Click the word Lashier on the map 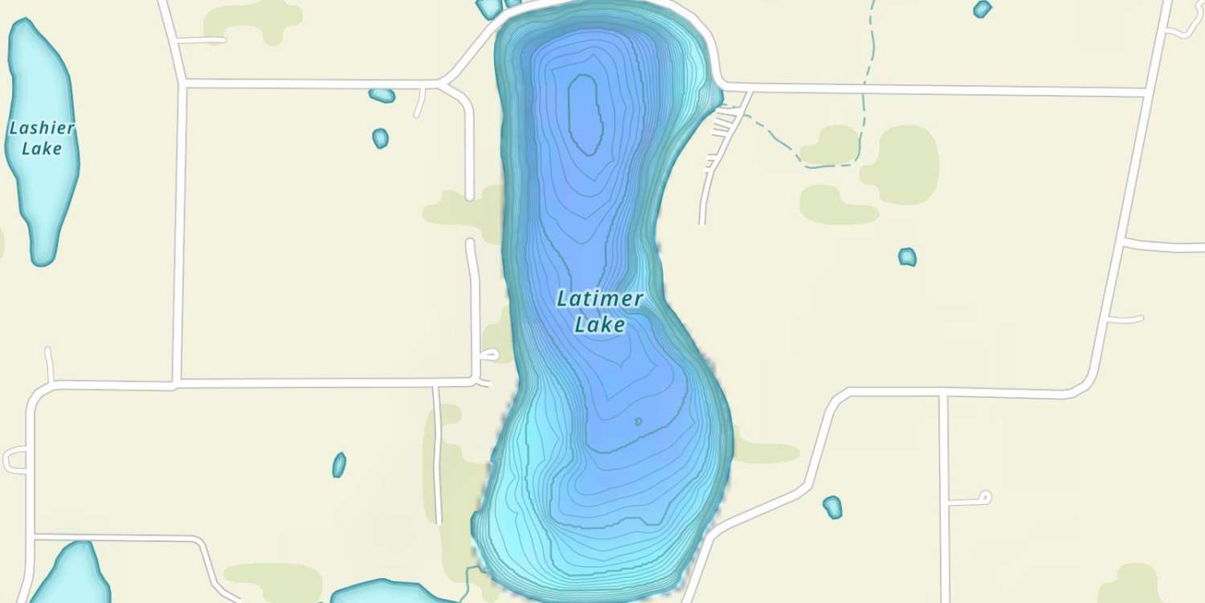click(x=42, y=128)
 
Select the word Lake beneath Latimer click(x=600, y=325)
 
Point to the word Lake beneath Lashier click(x=42, y=149)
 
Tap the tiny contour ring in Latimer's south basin click(x=638, y=421)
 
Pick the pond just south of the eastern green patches click(x=907, y=257)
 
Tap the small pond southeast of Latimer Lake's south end click(x=833, y=507)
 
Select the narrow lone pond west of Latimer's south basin click(x=339, y=465)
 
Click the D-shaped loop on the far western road click(x=15, y=461)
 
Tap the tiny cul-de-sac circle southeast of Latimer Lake click(x=984, y=497)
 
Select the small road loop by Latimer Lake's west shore click(x=489, y=355)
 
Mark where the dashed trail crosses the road click(x=867, y=84)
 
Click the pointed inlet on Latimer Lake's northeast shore click(x=717, y=97)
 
